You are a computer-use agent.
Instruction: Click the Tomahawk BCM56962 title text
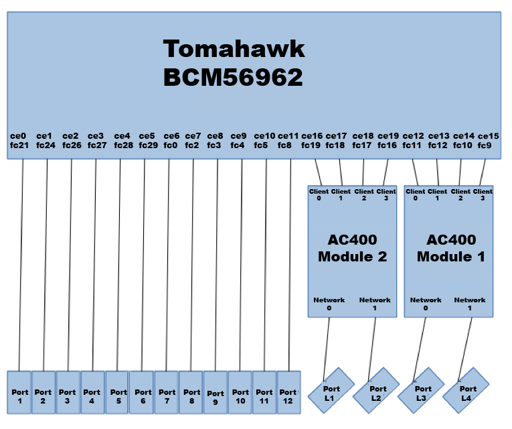pos(234,63)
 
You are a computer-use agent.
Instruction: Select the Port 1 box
pos(19,391)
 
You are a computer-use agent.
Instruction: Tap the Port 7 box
pos(167,391)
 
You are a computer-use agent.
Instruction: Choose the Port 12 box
pos(288,391)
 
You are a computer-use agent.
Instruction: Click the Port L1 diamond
pos(331,393)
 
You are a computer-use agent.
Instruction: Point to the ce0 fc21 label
pos(19,140)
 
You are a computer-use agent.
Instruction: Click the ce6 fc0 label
pos(171,140)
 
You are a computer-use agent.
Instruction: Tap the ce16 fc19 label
pos(312,140)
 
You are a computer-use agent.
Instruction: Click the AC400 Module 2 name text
pos(353,248)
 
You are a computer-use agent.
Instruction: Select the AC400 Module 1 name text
pos(451,248)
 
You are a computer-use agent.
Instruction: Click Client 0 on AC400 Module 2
pos(319,194)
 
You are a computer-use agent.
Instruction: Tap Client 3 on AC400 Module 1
pos(483,194)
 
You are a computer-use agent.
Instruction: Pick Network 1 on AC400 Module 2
pos(375,304)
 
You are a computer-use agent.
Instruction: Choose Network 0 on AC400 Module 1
pos(426,304)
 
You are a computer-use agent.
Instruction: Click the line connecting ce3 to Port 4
pos(95,268)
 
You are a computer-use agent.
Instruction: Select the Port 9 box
pos(216,391)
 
